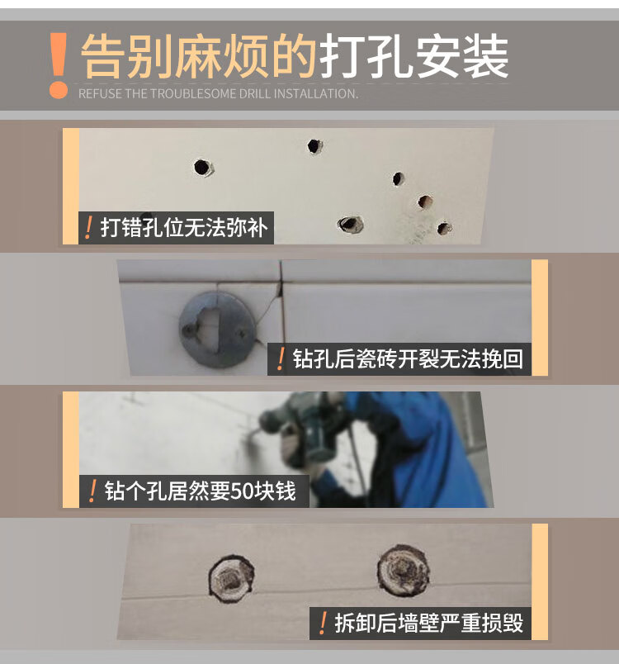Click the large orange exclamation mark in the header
[x=58, y=64]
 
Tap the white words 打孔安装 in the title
[x=413, y=57]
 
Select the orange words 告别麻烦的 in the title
[x=199, y=57]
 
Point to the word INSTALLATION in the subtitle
[x=315, y=93]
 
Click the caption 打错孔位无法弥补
[x=183, y=228]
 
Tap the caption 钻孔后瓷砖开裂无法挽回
[x=408, y=359]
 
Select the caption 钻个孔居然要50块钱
[x=200, y=491]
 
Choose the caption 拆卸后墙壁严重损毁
[x=428, y=623]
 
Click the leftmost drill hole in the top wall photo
[x=203, y=168]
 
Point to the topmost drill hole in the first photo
[x=314, y=146]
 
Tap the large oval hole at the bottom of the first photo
[x=350, y=224]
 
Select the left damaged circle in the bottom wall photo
[x=231, y=578]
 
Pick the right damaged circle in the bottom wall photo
[x=403, y=571]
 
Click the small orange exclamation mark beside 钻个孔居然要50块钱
[x=92, y=491]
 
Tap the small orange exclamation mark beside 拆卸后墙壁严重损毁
[x=324, y=623]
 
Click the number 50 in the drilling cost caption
[x=242, y=491]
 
